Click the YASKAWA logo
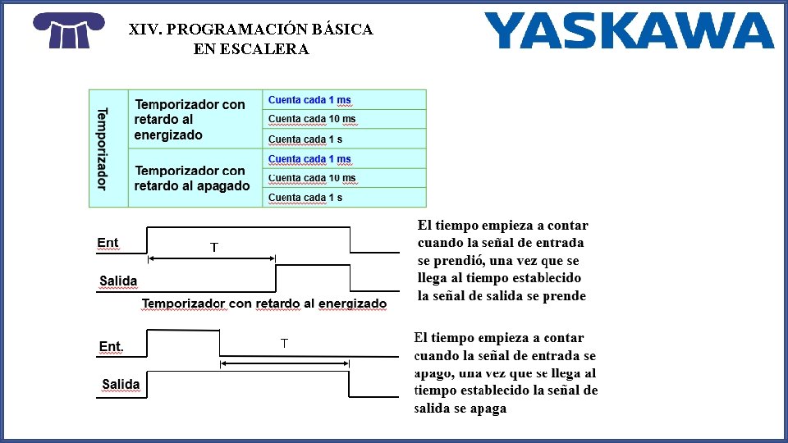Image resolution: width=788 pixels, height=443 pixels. click(x=629, y=30)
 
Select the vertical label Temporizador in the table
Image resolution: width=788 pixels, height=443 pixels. click(x=102, y=148)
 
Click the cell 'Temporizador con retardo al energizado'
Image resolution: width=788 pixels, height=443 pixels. click(x=190, y=120)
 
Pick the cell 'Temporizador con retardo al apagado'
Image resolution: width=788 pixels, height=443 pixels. click(x=192, y=178)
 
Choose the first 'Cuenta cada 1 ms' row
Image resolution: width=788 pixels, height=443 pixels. click(x=309, y=100)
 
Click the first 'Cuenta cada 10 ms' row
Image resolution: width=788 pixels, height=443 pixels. click(x=312, y=119)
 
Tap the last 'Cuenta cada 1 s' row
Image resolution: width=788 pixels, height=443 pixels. click(x=305, y=198)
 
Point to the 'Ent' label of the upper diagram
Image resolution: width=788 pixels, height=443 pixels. click(x=108, y=243)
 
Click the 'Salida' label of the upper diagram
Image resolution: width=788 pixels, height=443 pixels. click(x=118, y=281)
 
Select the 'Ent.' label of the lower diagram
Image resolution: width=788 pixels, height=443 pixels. click(x=111, y=347)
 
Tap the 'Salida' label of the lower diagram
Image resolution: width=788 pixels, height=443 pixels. click(x=121, y=384)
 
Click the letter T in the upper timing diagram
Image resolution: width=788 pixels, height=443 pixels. click(x=214, y=247)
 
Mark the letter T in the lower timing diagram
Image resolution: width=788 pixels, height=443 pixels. click(x=284, y=344)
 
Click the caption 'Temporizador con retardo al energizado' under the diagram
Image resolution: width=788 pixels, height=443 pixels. click(x=264, y=304)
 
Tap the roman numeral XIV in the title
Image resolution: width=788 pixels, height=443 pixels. click(x=144, y=30)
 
